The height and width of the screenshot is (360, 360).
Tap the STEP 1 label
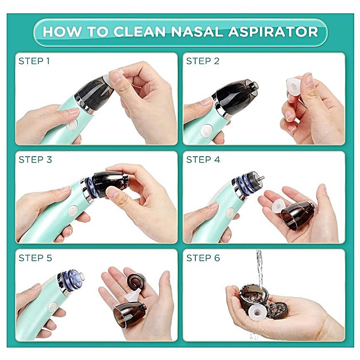click(x=34, y=61)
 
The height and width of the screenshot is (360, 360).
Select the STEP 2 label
click(x=203, y=61)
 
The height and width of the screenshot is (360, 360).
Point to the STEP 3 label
click(x=35, y=160)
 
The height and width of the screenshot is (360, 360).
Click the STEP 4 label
click(x=203, y=160)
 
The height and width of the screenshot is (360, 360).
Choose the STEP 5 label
click(x=35, y=258)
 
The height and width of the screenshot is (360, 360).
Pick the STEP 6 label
click(x=203, y=258)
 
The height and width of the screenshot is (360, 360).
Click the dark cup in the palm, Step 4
click(x=298, y=215)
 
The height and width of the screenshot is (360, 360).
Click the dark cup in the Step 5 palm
click(x=129, y=315)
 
